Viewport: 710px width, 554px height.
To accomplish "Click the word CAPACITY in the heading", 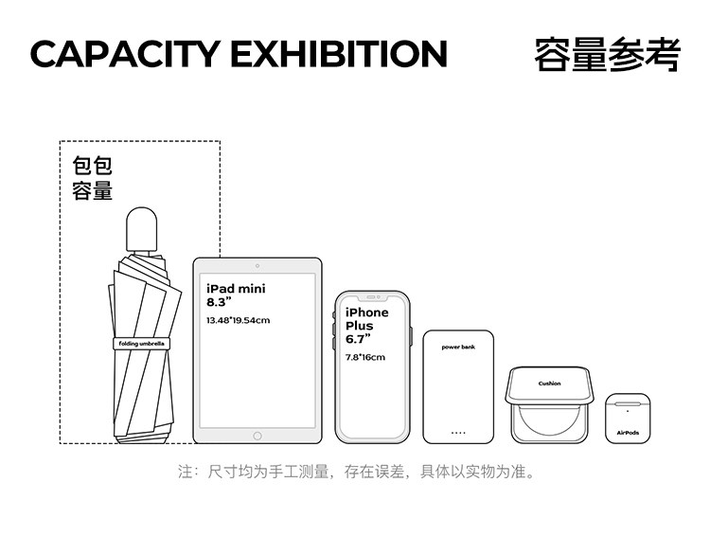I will point(124,54).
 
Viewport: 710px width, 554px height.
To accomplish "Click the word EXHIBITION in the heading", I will point(339,54).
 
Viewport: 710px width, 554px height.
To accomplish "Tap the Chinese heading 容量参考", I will point(607,54).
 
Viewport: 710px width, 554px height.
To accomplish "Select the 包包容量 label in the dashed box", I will point(93,177).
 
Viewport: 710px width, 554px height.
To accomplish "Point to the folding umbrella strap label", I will point(140,343).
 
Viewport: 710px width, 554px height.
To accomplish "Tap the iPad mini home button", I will point(257,436).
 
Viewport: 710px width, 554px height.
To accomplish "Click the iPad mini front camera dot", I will point(257,266).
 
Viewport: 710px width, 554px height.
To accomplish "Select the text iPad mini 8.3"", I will point(236,295).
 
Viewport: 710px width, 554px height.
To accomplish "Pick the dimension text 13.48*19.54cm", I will point(238,320).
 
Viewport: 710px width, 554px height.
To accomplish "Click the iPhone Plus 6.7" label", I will point(366,325).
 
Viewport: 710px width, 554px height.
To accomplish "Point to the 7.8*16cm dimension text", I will point(364,357).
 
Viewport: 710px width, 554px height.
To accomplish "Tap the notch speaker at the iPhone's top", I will point(371,296).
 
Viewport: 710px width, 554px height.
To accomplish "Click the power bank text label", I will point(458,347).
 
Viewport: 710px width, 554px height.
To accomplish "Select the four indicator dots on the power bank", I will point(458,433).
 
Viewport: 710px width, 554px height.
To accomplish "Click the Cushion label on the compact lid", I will point(549,384).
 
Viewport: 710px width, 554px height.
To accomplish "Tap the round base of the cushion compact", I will point(549,422).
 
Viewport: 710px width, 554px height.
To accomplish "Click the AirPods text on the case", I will point(628,433).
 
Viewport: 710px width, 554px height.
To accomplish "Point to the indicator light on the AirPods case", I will point(628,410).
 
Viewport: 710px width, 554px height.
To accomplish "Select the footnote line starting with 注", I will point(356,471).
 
